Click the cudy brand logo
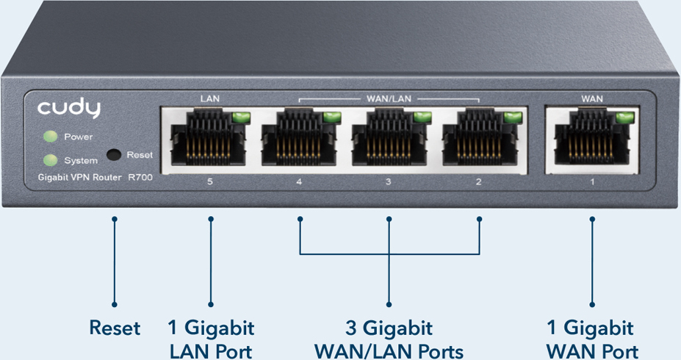point(69,109)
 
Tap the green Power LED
point(50,137)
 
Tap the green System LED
point(50,160)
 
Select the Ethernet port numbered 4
point(300,139)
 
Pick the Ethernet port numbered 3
point(389,139)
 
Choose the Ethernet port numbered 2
point(480,139)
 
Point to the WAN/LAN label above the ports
point(389,98)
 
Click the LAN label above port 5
point(210,98)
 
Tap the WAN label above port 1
point(592,98)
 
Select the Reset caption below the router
point(115,328)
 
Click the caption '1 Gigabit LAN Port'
point(212,339)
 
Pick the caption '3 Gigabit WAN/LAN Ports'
point(389,339)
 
